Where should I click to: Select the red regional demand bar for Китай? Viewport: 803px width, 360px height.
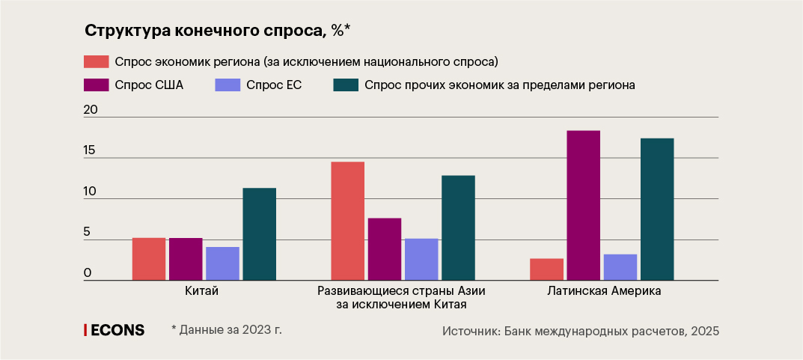(x=149, y=259)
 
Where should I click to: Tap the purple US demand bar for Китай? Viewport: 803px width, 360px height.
(x=186, y=259)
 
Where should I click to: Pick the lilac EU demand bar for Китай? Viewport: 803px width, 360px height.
(x=222, y=263)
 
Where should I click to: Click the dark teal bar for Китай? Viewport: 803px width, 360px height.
(x=259, y=234)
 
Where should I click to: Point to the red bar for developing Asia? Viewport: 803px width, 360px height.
(x=348, y=221)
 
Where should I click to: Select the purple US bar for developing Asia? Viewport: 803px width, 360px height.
(x=385, y=249)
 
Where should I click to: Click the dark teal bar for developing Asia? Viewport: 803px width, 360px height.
(x=458, y=228)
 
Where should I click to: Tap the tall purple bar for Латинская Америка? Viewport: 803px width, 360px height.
(x=584, y=206)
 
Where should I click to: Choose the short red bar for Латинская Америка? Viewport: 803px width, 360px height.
(x=547, y=269)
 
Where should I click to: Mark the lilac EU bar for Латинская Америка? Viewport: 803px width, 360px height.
(x=620, y=267)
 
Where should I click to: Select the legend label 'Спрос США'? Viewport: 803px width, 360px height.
(x=149, y=85)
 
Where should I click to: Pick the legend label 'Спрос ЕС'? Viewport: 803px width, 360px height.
(x=273, y=85)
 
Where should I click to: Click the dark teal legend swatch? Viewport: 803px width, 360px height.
(x=346, y=85)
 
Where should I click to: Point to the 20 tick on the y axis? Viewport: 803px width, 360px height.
(x=91, y=110)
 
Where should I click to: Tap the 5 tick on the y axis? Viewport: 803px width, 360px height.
(x=87, y=232)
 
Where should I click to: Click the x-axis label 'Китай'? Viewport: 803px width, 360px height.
(x=201, y=291)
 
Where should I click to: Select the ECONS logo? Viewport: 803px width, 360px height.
(x=115, y=330)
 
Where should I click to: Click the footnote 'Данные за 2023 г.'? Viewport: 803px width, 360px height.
(x=229, y=329)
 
